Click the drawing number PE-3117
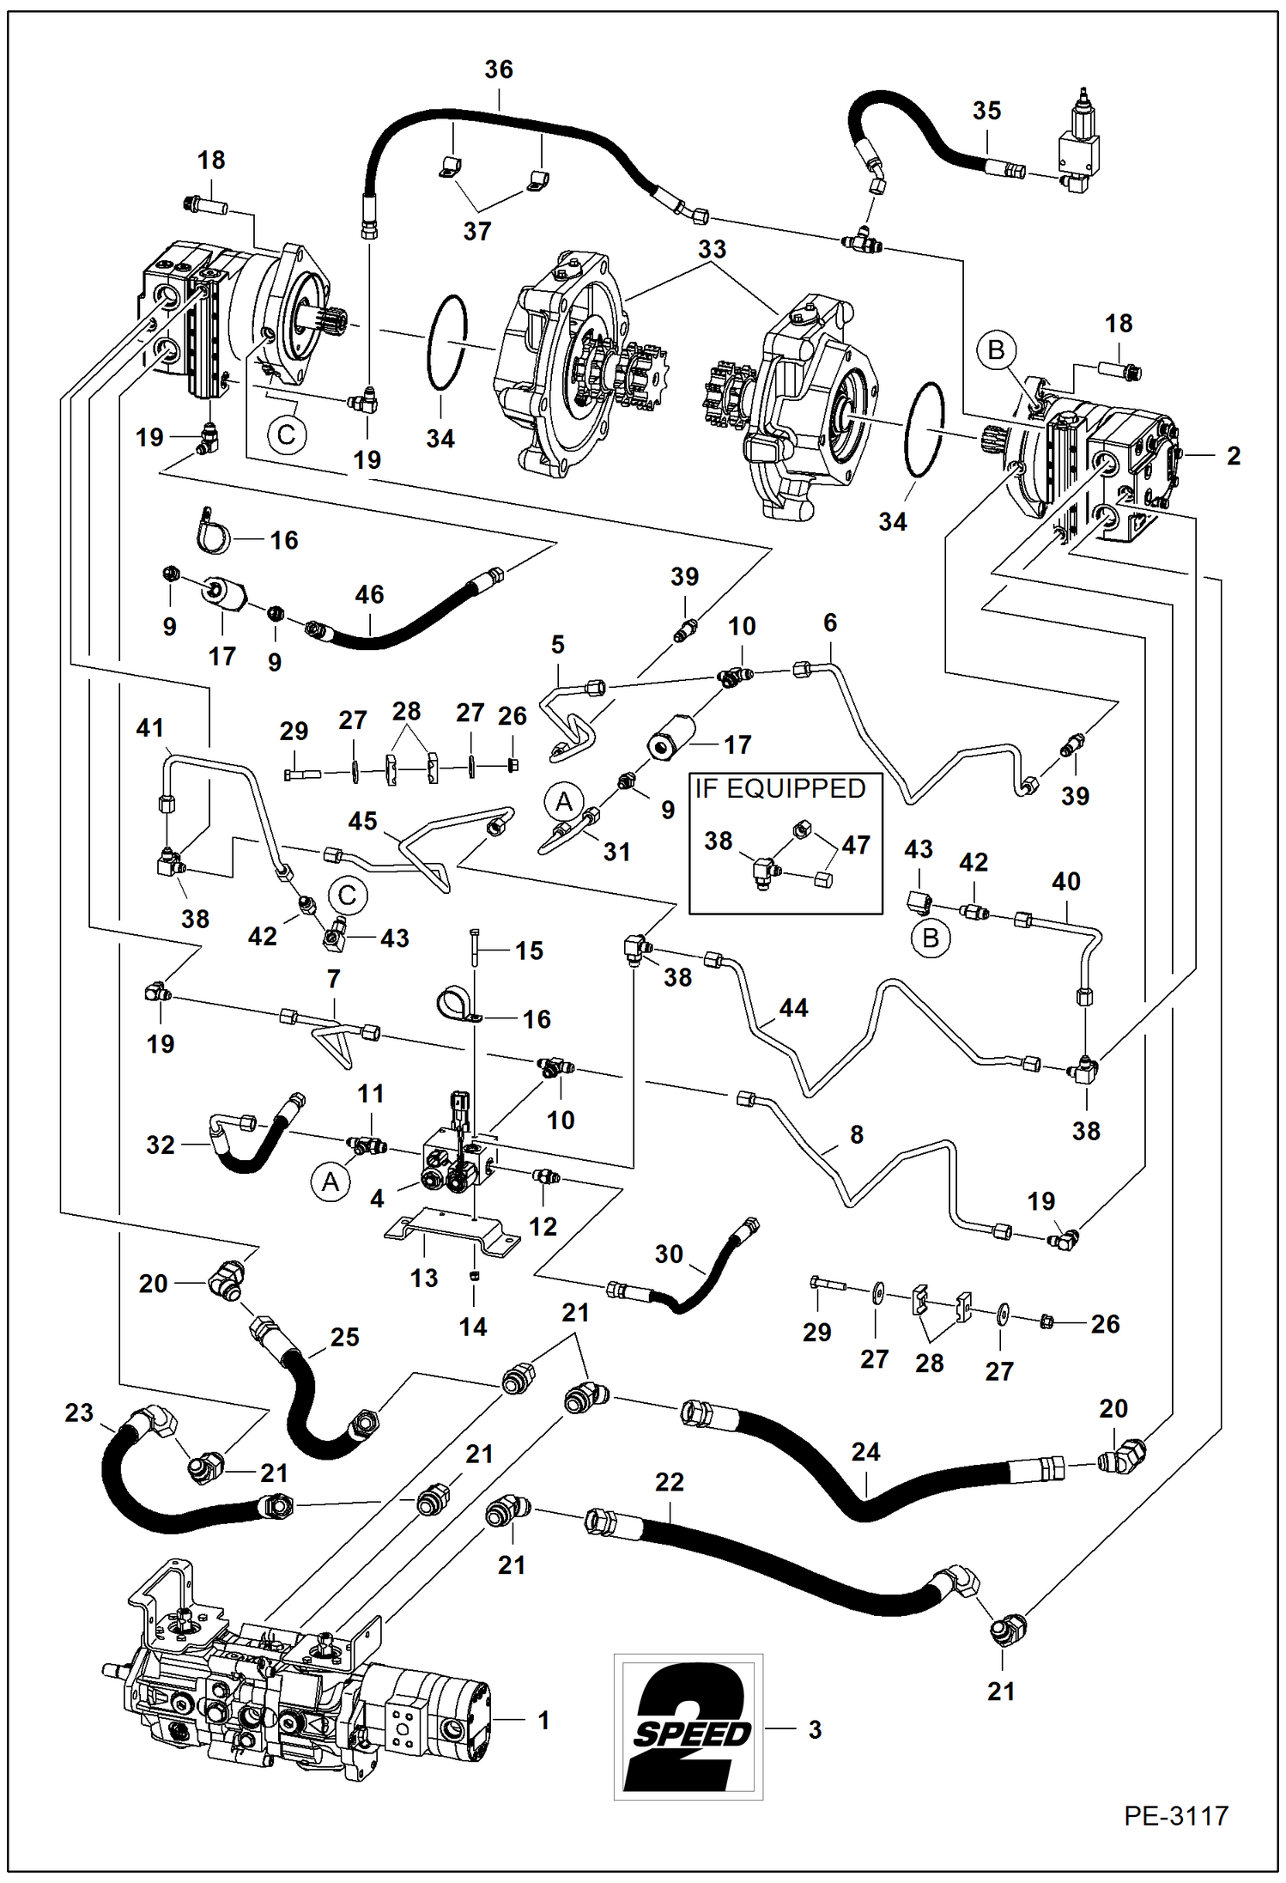pos(1175,1815)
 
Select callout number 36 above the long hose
pos(499,70)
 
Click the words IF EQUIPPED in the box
pos(779,788)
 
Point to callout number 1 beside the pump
pos(543,1720)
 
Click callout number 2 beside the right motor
pos(1233,456)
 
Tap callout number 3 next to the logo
pos(815,1729)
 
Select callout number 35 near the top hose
pos(986,110)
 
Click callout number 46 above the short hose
pos(369,594)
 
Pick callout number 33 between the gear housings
pos(712,249)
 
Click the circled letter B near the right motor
pos(996,349)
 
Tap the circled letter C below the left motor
pos(286,434)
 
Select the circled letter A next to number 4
pos(331,1182)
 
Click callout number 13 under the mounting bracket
pos(423,1278)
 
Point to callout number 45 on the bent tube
pos(362,821)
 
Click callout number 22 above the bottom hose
pos(669,1482)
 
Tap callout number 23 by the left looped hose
pos(79,1412)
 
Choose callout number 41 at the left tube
pos(149,728)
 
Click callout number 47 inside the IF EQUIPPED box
pos(855,845)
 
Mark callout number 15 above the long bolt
pos(529,951)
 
